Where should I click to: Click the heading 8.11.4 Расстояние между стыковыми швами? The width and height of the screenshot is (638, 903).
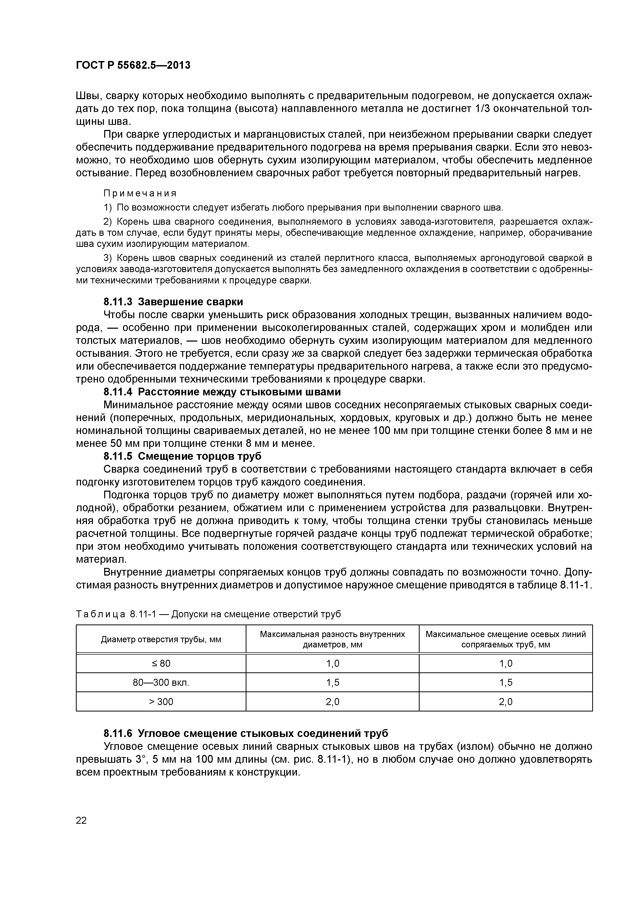[222, 392]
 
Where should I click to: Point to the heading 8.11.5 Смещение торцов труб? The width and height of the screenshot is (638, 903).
[182, 456]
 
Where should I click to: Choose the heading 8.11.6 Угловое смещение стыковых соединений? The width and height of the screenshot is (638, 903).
[246, 733]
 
